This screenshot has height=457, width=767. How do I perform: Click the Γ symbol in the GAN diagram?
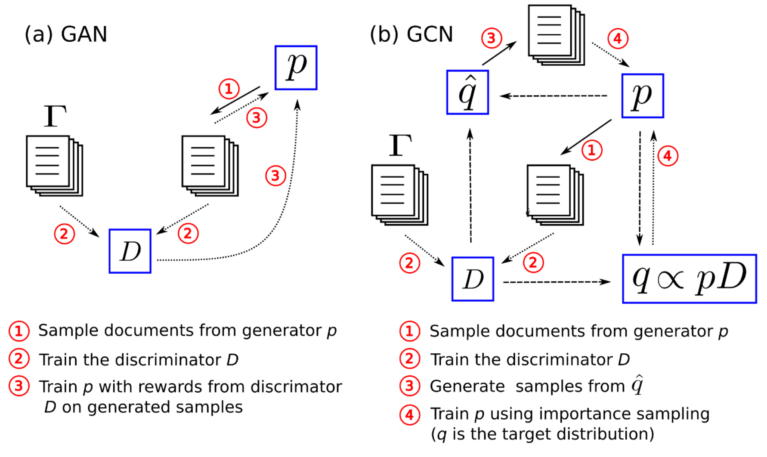(55, 116)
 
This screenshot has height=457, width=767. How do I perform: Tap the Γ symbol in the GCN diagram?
(400, 145)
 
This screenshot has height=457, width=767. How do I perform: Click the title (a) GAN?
(66, 34)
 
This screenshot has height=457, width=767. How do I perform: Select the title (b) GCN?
(411, 34)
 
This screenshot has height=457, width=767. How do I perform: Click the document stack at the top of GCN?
(557, 35)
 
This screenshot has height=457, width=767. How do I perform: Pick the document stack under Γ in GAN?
(55, 166)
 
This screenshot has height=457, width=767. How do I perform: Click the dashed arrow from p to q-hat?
(554, 96)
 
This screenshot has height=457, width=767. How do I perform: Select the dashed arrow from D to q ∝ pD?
(557, 282)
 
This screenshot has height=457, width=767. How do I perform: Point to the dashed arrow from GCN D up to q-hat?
(470, 185)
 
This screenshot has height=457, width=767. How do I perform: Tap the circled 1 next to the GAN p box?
(229, 89)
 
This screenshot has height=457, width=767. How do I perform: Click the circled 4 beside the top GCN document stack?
(618, 38)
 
